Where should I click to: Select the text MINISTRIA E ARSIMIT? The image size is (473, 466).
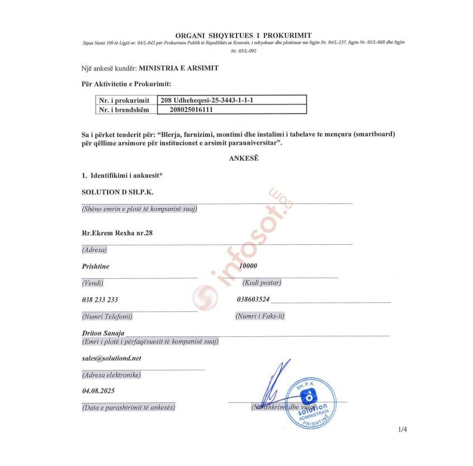pyautogui.click(x=179, y=68)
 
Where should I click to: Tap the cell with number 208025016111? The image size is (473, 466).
pyautogui.click(x=192, y=110)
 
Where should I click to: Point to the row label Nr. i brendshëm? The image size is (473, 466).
pyautogui.click(x=124, y=110)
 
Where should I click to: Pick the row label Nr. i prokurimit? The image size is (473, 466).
pyautogui.click(x=124, y=101)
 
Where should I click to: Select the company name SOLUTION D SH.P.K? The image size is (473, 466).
pyautogui.click(x=117, y=192)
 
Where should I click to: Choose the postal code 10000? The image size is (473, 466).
pyautogui.click(x=248, y=266)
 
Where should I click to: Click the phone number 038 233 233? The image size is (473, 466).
pyautogui.click(x=100, y=299)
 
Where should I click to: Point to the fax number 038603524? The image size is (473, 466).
pyautogui.click(x=253, y=299)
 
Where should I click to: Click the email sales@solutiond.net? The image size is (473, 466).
pyautogui.click(x=111, y=358)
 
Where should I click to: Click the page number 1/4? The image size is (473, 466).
pyautogui.click(x=403, y=430)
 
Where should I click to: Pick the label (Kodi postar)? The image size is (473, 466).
pyautogui.click(x=258, y=283)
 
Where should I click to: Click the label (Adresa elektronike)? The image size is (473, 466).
pyautogui.click(x=111, y=374)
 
